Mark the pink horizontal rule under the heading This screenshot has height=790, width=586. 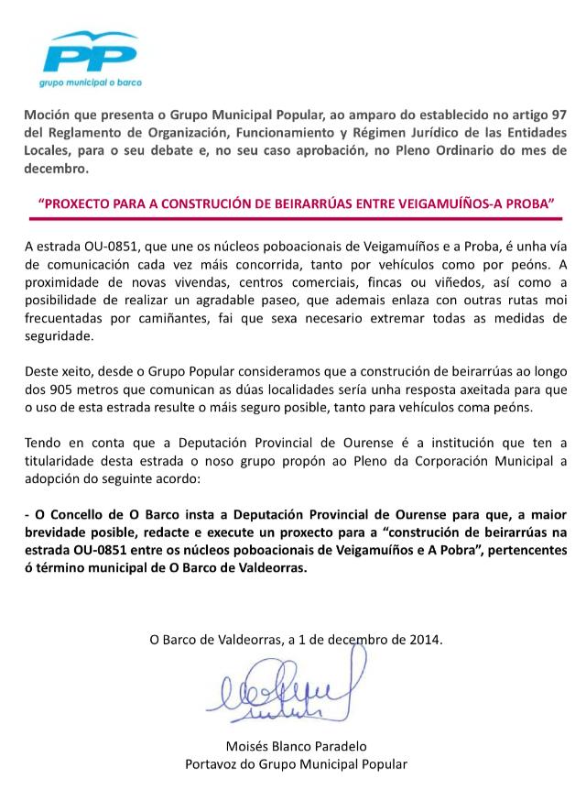pos(292,220)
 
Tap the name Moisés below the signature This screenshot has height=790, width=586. pos(246,746)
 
